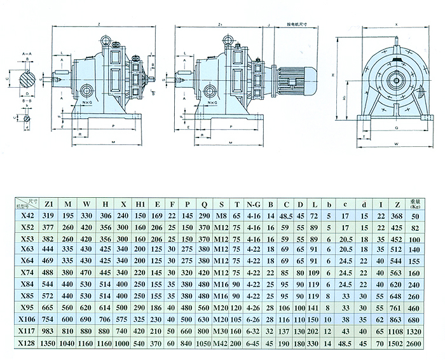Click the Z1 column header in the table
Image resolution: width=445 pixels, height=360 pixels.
pos(49,204)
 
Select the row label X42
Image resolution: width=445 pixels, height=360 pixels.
pos(27,216)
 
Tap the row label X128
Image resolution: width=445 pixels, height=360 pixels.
pos(27,342)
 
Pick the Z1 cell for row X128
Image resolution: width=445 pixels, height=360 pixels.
pos(49,342)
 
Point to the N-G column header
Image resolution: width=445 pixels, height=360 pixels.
pos(254,204)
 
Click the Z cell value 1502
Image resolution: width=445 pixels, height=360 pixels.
pos(395,342)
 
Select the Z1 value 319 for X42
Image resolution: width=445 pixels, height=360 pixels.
pos(49,216)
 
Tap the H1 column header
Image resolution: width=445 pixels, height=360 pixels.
pos(140,204)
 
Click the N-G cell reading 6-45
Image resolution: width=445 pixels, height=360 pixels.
pos(254,342)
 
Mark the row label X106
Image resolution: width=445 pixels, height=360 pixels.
pos(27,319)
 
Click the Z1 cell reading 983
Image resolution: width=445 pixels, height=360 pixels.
pos(49,331)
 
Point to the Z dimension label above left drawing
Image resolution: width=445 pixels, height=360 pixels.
pos(100,24)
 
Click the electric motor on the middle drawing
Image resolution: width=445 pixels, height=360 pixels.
pos(296,79)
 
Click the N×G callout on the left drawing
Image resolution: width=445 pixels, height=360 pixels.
pos(87,102)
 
